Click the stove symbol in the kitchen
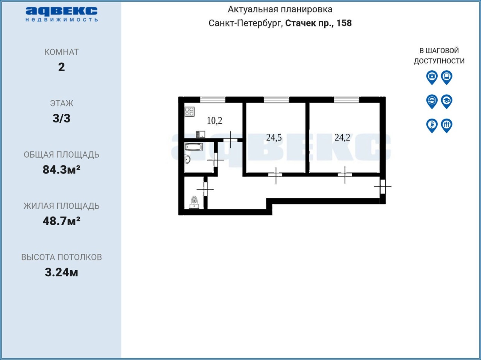(189, 111)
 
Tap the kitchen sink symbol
(200, 134)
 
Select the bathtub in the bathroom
(194, 147)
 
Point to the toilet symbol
(194, 202)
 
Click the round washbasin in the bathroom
(188, 159)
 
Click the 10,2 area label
(215, 121)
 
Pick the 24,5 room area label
(274, 138)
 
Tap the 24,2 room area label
(342, 137)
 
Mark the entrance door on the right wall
(383, 187)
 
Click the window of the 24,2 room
(346, 100)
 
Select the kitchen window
(213, 100)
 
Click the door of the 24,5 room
(275, 175)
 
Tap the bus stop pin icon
(446, 77)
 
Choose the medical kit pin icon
(432, 77)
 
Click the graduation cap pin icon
(446, 101)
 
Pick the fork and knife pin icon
(446, 125)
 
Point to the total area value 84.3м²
(62, 170)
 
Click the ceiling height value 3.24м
(62, 273)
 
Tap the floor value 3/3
(62, 118)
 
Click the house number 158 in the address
(344, 23)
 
